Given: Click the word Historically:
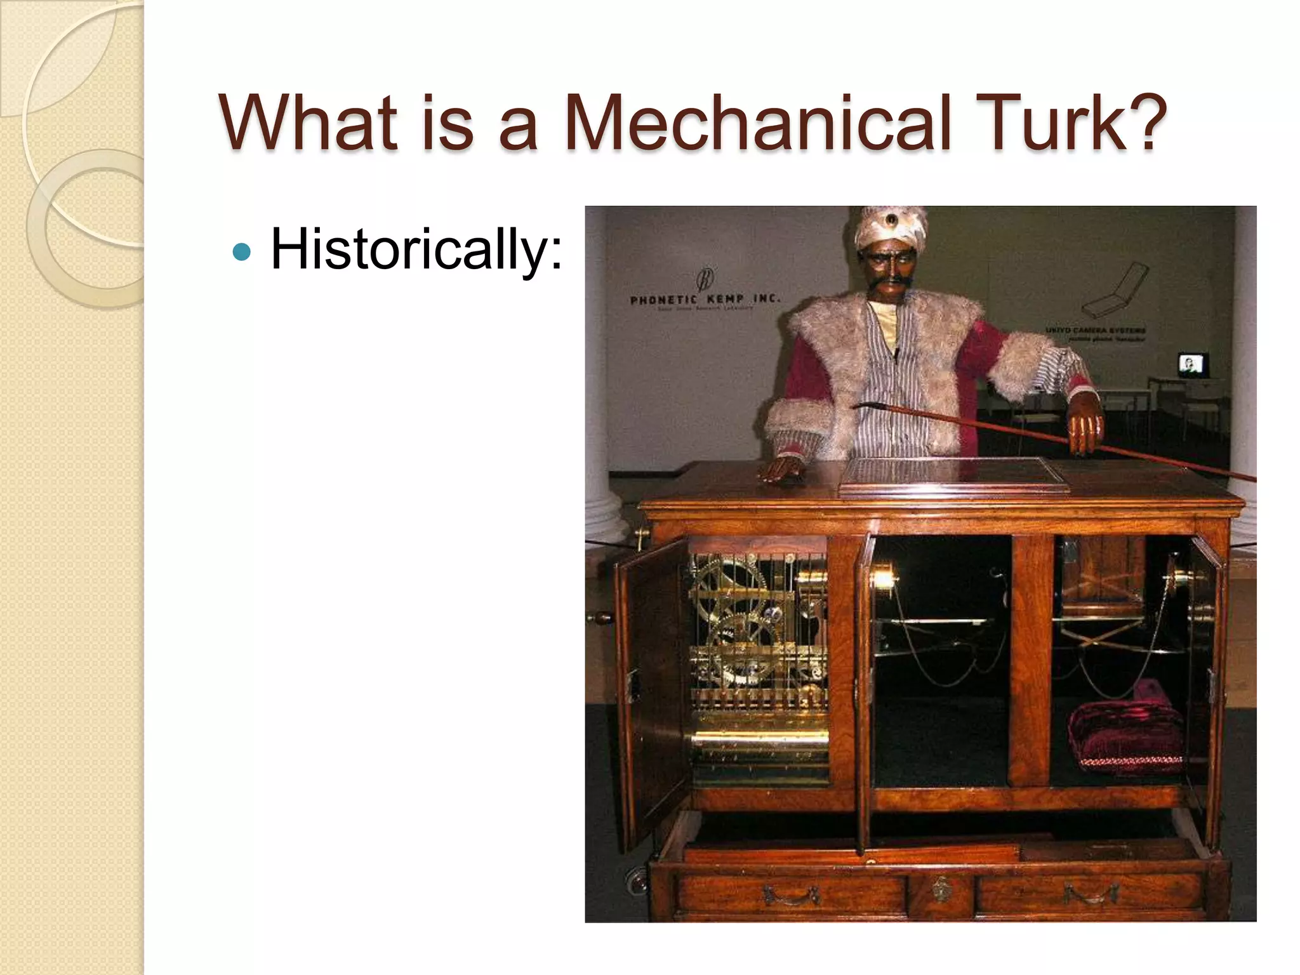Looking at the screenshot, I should coord(416,250).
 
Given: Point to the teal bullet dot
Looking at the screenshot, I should coord(242,253).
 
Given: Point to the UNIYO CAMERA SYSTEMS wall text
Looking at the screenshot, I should coord(1096,331).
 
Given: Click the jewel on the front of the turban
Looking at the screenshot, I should coord(893,221).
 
